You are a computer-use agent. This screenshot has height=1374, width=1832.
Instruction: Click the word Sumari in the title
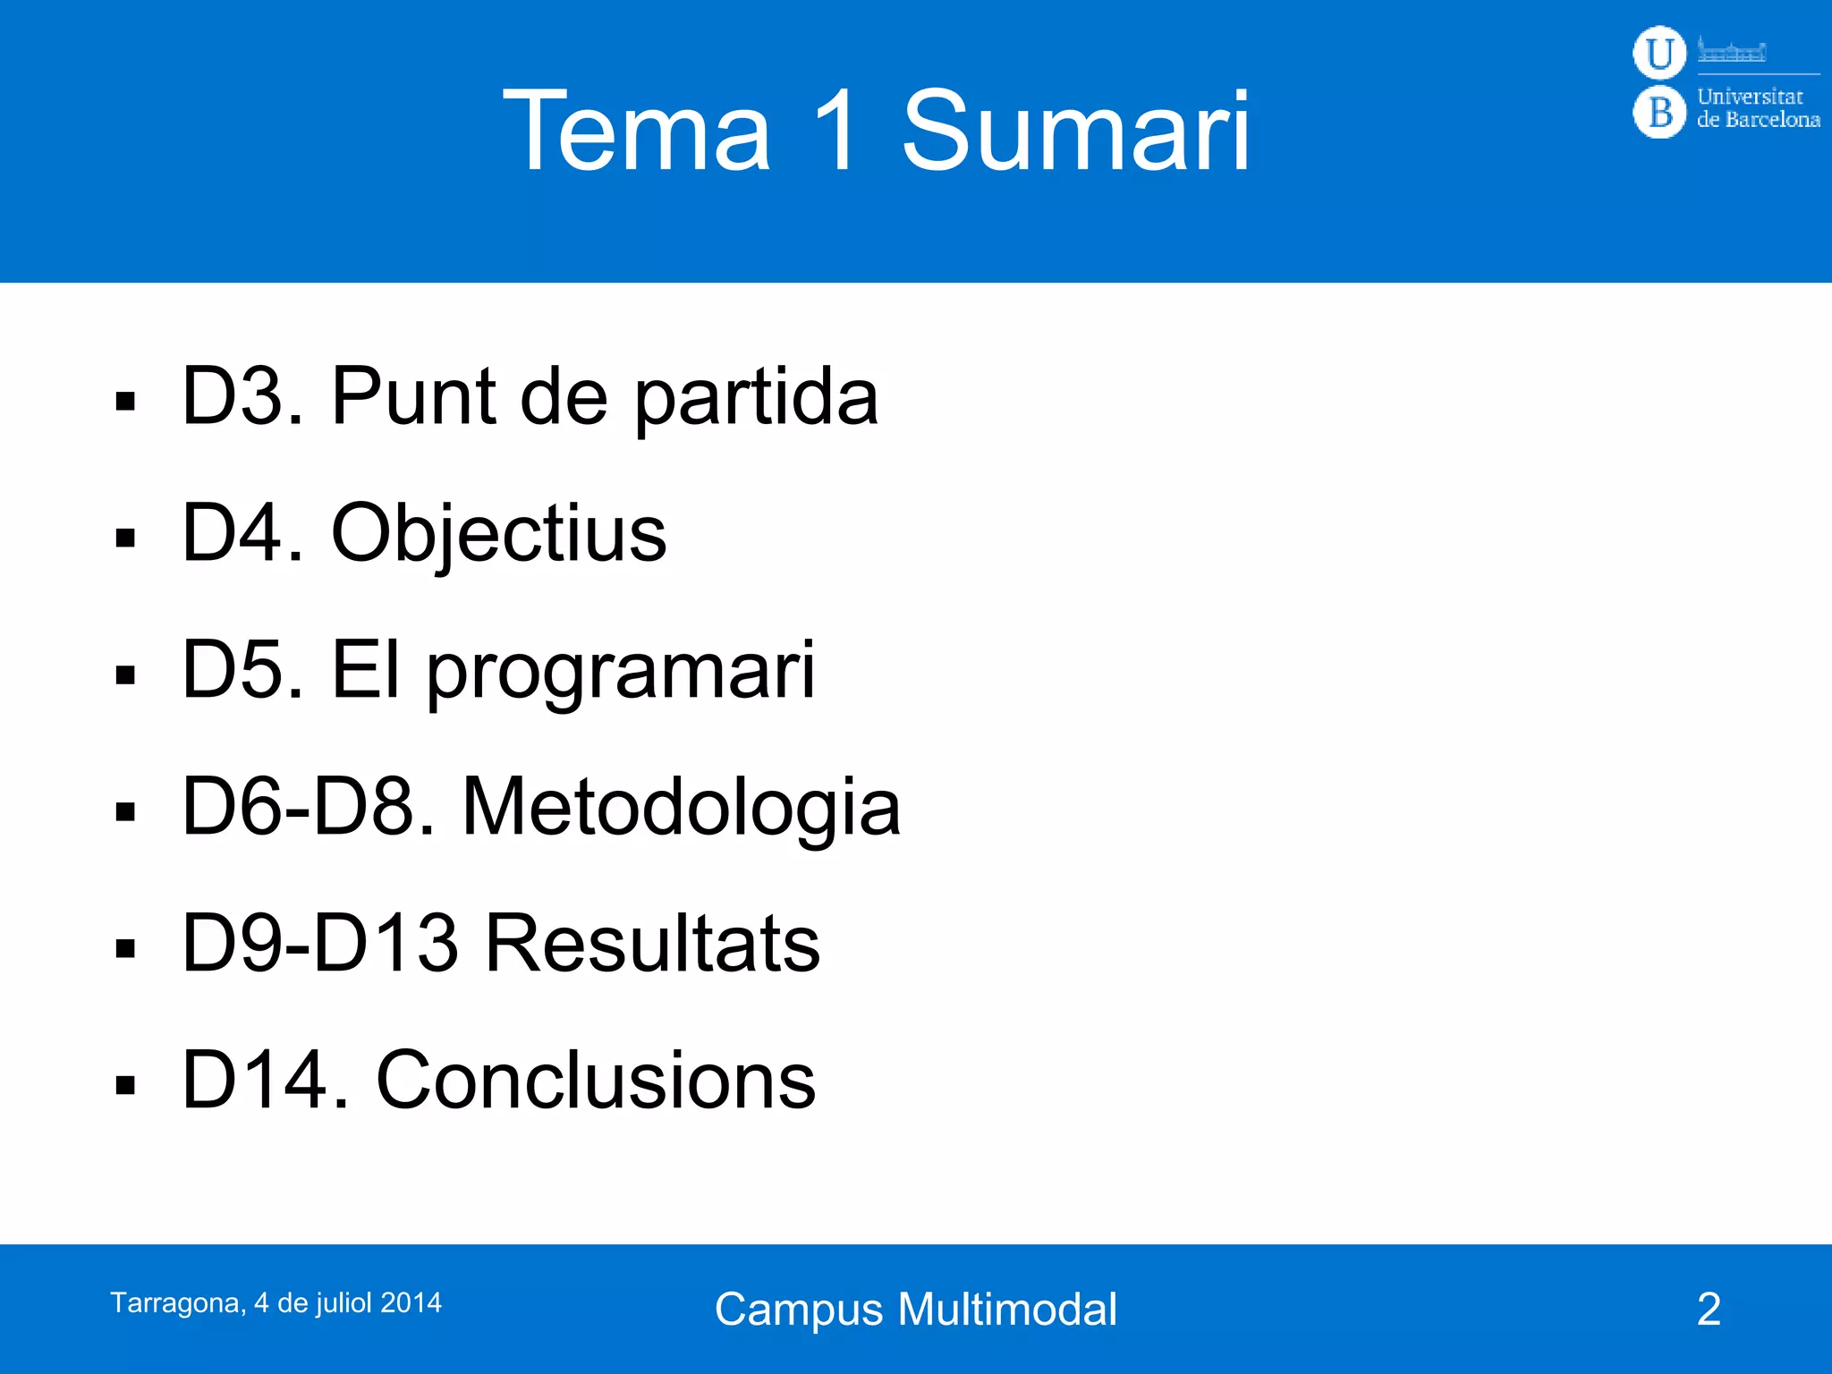point(1075,132)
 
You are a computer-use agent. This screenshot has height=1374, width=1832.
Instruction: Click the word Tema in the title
point(637,132)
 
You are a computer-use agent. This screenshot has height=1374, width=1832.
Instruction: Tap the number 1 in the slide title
point(836,132)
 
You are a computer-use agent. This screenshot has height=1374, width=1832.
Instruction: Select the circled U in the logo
point(1659,53)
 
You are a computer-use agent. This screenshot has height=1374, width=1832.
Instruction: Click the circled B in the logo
point(1659,113)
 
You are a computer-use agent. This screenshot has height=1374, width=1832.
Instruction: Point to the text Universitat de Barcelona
point(1757,108)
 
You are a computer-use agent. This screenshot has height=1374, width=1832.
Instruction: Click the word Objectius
point(498,534)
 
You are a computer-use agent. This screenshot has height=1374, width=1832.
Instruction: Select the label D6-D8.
point(309,807)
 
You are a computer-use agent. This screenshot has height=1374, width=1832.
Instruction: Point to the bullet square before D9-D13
point(125,948)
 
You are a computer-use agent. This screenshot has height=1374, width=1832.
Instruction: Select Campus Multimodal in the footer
point(915,1310)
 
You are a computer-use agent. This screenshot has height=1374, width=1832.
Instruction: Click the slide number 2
point(1709,1310)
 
